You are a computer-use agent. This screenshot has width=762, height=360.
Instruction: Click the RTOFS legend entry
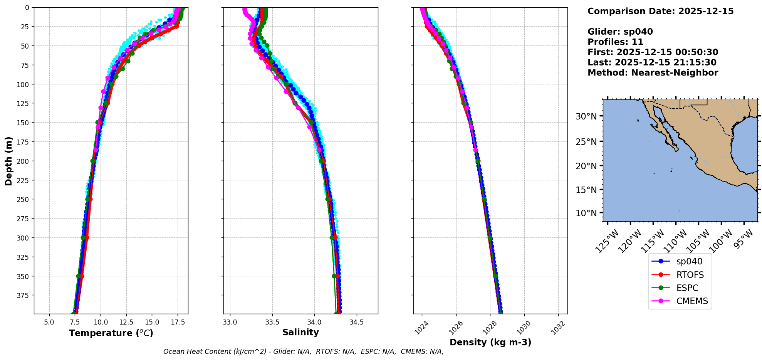(x=690, y=275)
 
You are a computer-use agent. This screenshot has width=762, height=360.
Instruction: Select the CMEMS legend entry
(x=692, y=301)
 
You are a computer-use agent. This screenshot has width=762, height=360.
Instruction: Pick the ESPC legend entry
(x=687, y=288)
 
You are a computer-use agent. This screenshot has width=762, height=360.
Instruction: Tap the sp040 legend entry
(x=689, y=261)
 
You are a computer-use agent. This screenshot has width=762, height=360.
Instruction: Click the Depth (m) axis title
(x=8, y=161)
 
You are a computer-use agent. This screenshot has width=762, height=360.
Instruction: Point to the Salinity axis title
(x=300, y=332)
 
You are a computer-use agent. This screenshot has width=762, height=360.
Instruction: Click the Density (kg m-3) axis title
(x=490, y=342)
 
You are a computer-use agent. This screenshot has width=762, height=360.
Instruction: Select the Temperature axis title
(x=111, y=333)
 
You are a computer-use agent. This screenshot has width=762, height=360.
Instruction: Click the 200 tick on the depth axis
(x=23, y=161)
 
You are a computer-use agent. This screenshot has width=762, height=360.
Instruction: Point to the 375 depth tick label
(x=23, y=295)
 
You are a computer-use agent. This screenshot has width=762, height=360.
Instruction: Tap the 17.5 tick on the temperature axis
(x=177, y=322)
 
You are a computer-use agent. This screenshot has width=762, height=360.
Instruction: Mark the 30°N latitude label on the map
(x=586, y=116)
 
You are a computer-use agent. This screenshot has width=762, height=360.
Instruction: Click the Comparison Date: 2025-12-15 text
(x=660, y=11)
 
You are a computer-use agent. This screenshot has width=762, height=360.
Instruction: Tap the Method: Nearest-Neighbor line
(x=653, y=73)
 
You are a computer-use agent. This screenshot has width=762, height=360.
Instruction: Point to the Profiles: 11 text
(x=615, y=42)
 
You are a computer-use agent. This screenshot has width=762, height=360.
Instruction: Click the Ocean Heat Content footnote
(x=303, y=352)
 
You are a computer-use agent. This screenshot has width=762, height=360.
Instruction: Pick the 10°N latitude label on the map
(x=586, y=213)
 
